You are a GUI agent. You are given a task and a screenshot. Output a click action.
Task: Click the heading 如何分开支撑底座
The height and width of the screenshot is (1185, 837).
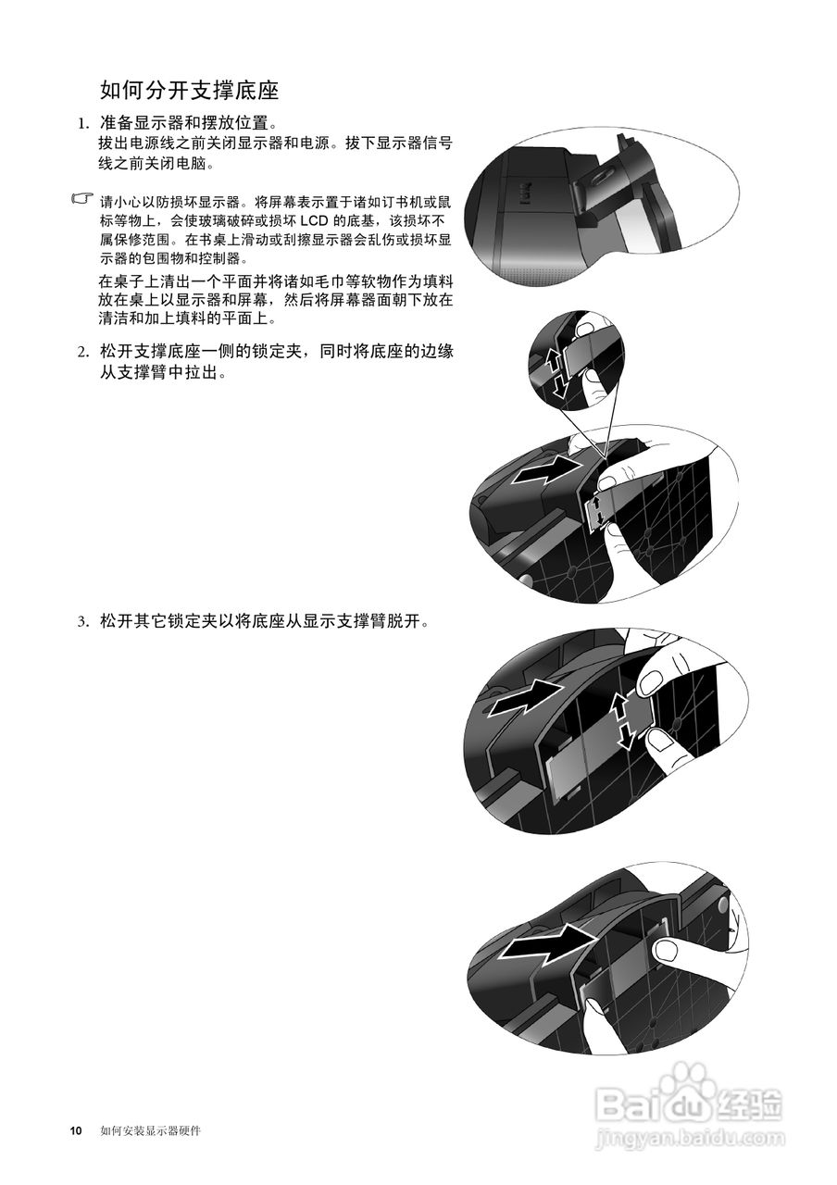coord(189,91)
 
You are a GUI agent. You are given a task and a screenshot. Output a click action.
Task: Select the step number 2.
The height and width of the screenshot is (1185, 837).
coord(82,352)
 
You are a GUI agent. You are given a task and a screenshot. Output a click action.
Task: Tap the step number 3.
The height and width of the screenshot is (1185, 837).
coord(82,621)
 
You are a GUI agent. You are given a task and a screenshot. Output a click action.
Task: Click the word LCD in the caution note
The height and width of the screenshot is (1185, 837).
coord(330,220)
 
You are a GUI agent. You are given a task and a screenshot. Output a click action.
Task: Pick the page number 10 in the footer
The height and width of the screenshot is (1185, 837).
coord(76,1131)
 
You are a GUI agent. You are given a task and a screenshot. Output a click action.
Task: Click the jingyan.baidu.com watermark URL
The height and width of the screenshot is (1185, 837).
coord(690,1136)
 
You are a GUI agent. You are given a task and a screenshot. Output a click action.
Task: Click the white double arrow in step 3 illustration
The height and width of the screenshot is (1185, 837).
coord(622,720)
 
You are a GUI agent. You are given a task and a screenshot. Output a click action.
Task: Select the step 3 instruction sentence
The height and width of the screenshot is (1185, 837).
coord(265,621)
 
